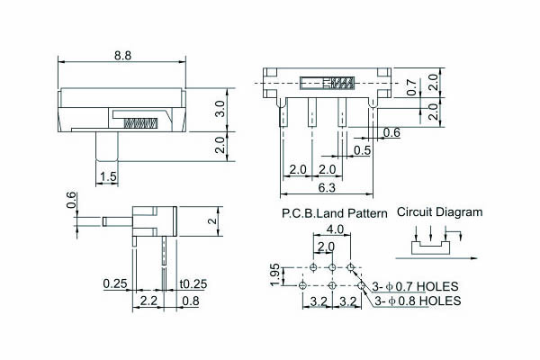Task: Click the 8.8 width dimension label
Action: [x=122, y=56]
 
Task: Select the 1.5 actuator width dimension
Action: [x=108, y=176]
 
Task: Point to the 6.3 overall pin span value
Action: [x=327, y=188]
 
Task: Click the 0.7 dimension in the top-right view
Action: [x=411, y=87]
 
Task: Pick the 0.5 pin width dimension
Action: [x=363, y=150]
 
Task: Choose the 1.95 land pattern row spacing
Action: [x=274, y=274]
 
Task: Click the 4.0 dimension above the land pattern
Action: [x=335, y=229]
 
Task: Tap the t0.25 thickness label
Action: [x=193, y=283]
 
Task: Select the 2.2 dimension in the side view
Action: [x=148, y=301]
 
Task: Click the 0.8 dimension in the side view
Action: [x=191, y=301]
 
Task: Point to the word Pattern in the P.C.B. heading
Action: [x=367, y=213]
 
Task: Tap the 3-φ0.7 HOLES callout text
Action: [x=415, y=286]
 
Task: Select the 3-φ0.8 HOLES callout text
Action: [x=418, y=301]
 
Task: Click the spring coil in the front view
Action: [x=141, y=123]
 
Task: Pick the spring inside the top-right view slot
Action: [x=342, y=83]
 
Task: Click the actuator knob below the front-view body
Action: [x=107, y=146]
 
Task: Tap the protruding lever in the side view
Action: [x=117, y=221]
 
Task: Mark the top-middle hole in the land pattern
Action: [x=332, y=267]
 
